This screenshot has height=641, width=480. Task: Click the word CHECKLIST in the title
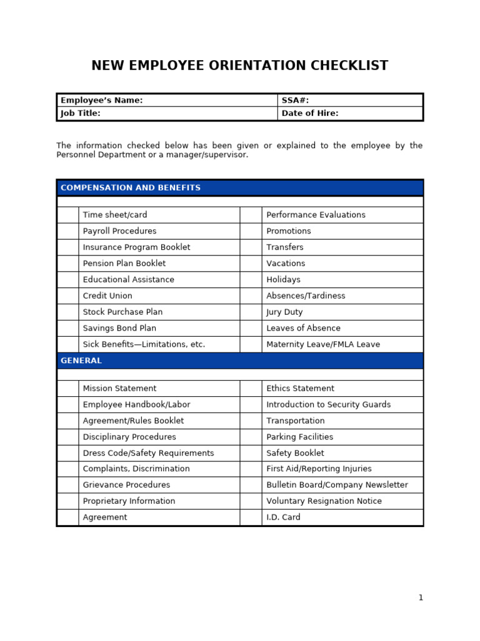pyautogui.click(x=347, y=66)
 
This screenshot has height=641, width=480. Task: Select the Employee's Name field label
pyautogui.click(x=101, y=100)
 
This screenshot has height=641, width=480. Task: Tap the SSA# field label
pyautogui.click(x=295, y=100)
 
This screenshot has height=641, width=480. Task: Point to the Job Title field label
pyautogui.click(x=80, y=113)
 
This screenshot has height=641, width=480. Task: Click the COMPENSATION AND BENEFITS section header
pyautogui.click(x=131, y=188)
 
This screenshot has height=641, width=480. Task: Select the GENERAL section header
pyautogui.click(x=81, y=361)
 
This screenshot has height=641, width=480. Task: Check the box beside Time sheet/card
pyautogui.click(x=67, y=215)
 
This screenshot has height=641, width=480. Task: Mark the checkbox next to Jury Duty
pyautogui.click(x=251, y=312)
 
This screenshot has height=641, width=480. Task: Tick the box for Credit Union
pyautogui.click(x=67, y=295)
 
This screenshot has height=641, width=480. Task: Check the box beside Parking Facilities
pyautogui.click(x=251, y=437)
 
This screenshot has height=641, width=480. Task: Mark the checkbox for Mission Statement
pyautogui.click(x=67, y=388)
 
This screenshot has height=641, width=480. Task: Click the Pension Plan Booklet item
pyautogui.click(x=124, y=264)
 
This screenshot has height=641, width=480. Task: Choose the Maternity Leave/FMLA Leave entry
pyautogui.click(x=323, y=344)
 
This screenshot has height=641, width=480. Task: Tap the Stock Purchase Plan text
pyautogui.click(x=122, y=312)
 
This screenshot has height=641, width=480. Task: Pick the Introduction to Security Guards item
pyautogui.click(x=329, y=404)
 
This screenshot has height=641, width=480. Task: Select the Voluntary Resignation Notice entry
pyautogui.click(x=324, y=501)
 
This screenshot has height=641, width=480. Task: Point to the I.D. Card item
pyautogui.click(x=283, y=517)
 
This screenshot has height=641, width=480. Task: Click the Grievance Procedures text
pyautogui.click(x=126, y=485)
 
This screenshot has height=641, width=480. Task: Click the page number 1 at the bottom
pyautogui.click(x=421, y=598)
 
